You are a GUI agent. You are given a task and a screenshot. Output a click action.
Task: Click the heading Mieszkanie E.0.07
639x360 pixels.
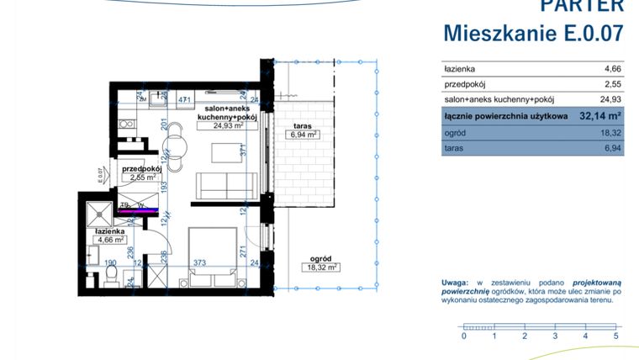[533, 33]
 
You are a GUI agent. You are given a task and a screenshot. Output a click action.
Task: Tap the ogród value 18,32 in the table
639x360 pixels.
[610, 133]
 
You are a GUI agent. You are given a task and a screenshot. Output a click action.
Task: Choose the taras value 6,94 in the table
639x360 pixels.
[611, 149]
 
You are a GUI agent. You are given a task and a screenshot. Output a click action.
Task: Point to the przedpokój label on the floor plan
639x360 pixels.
[141, 169]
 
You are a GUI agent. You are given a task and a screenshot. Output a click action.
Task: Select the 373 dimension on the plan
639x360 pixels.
[201, 262]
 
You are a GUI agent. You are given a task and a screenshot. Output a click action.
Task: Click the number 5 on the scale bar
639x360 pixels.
[616, 336]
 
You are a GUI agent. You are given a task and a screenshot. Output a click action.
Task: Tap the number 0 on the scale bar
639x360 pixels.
[464, 336]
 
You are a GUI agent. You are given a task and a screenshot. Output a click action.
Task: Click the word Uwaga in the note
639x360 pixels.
[456, 283]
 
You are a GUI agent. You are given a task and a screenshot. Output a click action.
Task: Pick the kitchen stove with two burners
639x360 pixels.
[127, 124]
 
